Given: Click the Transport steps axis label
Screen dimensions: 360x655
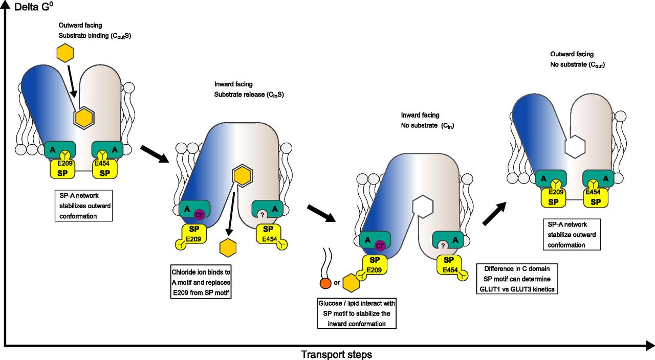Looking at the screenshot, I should coord(336,354).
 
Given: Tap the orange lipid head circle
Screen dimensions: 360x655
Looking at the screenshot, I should coord(324,283).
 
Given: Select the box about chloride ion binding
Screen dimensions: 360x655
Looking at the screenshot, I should coord(200,281).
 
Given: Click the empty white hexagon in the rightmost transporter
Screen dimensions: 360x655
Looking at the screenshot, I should coord(574,149).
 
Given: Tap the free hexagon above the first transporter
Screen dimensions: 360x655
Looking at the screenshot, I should coord(65,53).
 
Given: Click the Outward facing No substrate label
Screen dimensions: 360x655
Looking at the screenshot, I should coord(579,59).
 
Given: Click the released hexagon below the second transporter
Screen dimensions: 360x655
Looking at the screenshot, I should coord(228,247).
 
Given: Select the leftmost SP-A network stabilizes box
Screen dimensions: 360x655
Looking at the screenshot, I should coord(82,206).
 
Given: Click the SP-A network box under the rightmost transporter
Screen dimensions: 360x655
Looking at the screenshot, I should coord(571,234).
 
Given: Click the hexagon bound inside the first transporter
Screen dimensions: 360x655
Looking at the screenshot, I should coord(84,118).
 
